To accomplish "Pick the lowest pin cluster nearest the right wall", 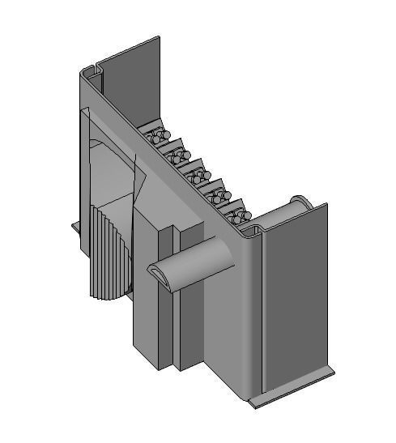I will (x=236, y=216).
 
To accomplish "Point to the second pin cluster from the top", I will (x=177, y=155).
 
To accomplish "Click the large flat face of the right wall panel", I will (x=296, y=300).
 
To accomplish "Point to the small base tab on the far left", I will (x=76, y=228).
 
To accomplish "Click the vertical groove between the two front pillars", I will (x=172, y=324).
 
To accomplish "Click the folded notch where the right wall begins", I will (x=253, y=235).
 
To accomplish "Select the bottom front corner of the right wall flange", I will (x=253, y=403).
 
